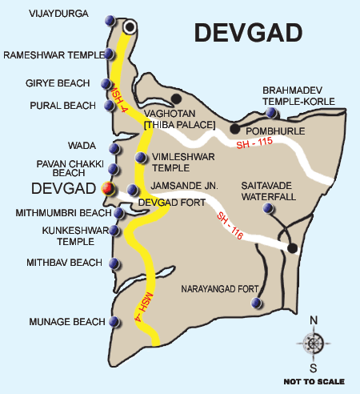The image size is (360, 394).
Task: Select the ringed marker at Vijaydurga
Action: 128,27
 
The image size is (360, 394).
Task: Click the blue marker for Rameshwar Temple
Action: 110,54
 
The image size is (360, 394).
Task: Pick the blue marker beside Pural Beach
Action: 109,105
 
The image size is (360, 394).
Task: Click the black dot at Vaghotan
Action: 176,98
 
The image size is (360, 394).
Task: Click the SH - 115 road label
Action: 254,144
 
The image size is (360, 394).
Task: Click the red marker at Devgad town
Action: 107,189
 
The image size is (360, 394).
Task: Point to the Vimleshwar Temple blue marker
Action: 142,157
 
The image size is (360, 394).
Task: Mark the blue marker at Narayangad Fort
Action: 256,303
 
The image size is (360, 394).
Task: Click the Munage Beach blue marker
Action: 115,322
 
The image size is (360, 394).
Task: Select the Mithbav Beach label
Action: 63,263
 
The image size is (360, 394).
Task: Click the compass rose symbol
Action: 313,343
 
